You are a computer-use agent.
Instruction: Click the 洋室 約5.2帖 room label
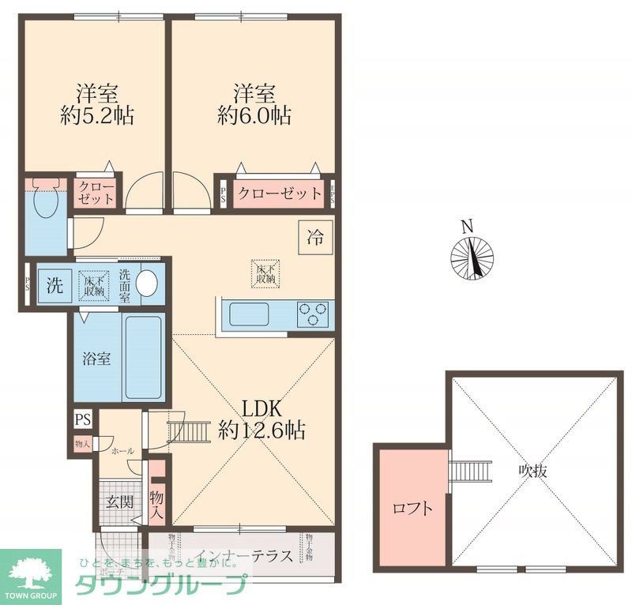(x=97, y=105)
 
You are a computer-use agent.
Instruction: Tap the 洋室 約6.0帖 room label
(x=254, y=105)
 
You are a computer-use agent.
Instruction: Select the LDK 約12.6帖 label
(x=262, y=420)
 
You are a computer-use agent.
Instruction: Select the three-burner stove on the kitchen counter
(x=314, y=314)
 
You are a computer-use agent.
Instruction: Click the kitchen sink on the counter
(x=249, y=314)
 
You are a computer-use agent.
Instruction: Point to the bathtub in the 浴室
(x=144, y=358)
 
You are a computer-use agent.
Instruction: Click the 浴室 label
(x=97, y=358)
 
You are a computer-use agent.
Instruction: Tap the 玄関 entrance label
(x=120, y=501)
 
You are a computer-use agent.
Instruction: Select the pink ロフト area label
(x=412, y=509)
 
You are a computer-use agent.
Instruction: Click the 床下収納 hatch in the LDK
(x=265, y=272)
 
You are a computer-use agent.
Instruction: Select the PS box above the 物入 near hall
(x=81, y=419)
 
